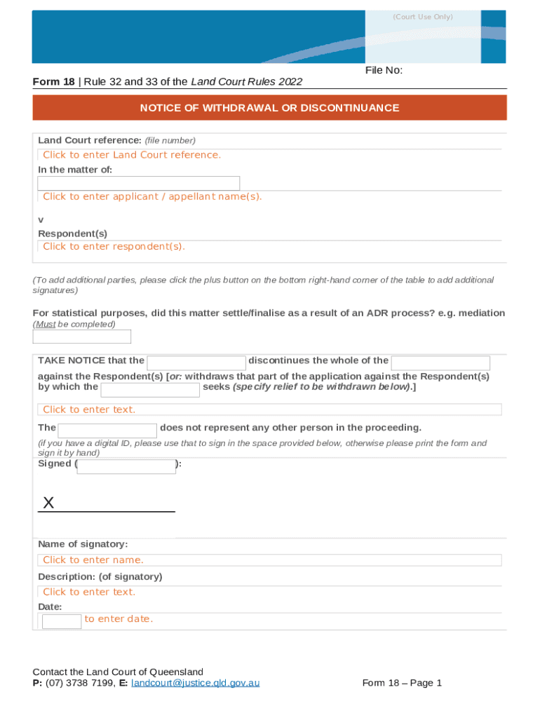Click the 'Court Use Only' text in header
(x=422, y=17)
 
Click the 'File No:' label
(x=383, y=70)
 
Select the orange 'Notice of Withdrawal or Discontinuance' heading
(x=269, y=108)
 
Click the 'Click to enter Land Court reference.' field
(x=132, y=155)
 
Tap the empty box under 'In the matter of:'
(x=138, y=183)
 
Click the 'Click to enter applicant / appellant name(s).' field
(x=152, y=197)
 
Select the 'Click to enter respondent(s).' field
(x=114, y=247)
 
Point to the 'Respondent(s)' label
(x=72, y=233)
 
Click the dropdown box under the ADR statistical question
(x=82, y=337)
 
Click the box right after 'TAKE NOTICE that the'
(x=196, y=363)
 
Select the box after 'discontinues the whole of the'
(x=440, y=363)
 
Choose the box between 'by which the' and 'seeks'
(x=151, y=389)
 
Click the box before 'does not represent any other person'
(x=107, y=431)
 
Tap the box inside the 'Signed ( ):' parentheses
(x=126, y=466)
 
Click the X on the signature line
(x=48, y=503)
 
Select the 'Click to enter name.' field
(x=93, y=560)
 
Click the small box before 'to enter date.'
(x=62, y=621)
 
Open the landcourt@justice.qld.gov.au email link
(x=196, y=683)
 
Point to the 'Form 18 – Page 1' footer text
(x=402, y=683)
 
